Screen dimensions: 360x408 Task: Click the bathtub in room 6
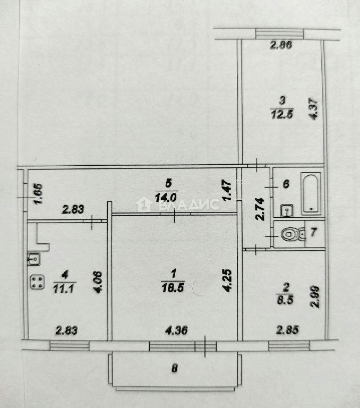point(311,193)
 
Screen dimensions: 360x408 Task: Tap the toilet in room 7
point(294,234)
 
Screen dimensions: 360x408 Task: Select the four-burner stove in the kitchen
point(37,282)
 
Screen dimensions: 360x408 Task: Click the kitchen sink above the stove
point(34,259)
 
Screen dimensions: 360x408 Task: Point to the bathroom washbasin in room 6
point(287,210)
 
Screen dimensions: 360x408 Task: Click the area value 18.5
point(173,288)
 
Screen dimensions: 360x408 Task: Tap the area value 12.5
point(282,114)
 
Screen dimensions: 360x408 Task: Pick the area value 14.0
point(166,197)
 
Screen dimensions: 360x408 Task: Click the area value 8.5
point(285,300)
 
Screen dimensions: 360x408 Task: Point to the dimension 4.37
point(314,108)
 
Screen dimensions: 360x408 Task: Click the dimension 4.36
point(176,330)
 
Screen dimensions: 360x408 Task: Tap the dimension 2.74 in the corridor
point(260,209)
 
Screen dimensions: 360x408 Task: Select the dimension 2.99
point(315,297)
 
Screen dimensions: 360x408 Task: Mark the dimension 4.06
point(98,282)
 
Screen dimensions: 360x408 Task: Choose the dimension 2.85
point(287,330)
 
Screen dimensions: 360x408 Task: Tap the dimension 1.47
point(227,191)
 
